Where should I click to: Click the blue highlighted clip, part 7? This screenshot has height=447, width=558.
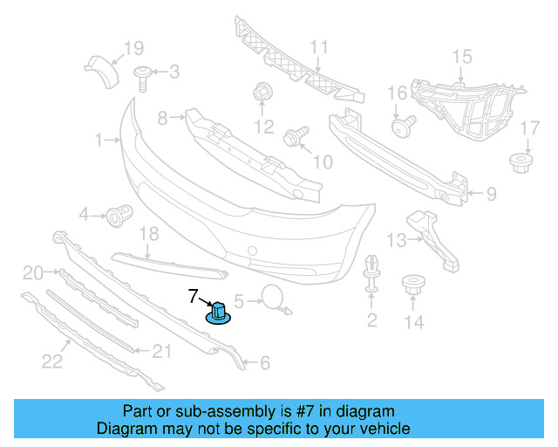click(218, 313)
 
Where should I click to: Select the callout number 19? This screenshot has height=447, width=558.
click(133, 48)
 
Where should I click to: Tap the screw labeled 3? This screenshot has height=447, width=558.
click(143, 79)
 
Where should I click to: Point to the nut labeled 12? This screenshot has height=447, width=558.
click(262, 92)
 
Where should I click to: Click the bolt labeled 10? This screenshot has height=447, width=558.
click(296, 136)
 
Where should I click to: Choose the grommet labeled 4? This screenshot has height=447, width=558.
click(119, 216)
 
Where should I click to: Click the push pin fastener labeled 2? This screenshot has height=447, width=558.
click(371, 273)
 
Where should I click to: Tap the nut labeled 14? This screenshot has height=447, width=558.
click(413, 284)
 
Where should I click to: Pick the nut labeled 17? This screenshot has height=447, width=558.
click(521, 163)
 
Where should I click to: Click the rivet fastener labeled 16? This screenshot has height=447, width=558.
click(404, 126)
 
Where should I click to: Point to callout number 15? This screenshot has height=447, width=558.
click(462, 57)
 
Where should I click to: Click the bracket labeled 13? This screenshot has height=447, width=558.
click(433, 241)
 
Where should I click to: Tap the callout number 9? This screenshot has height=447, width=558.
click(491, 195)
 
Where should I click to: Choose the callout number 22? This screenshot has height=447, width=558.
click(52, 361)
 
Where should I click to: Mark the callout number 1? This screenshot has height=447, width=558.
click(99, 140)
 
